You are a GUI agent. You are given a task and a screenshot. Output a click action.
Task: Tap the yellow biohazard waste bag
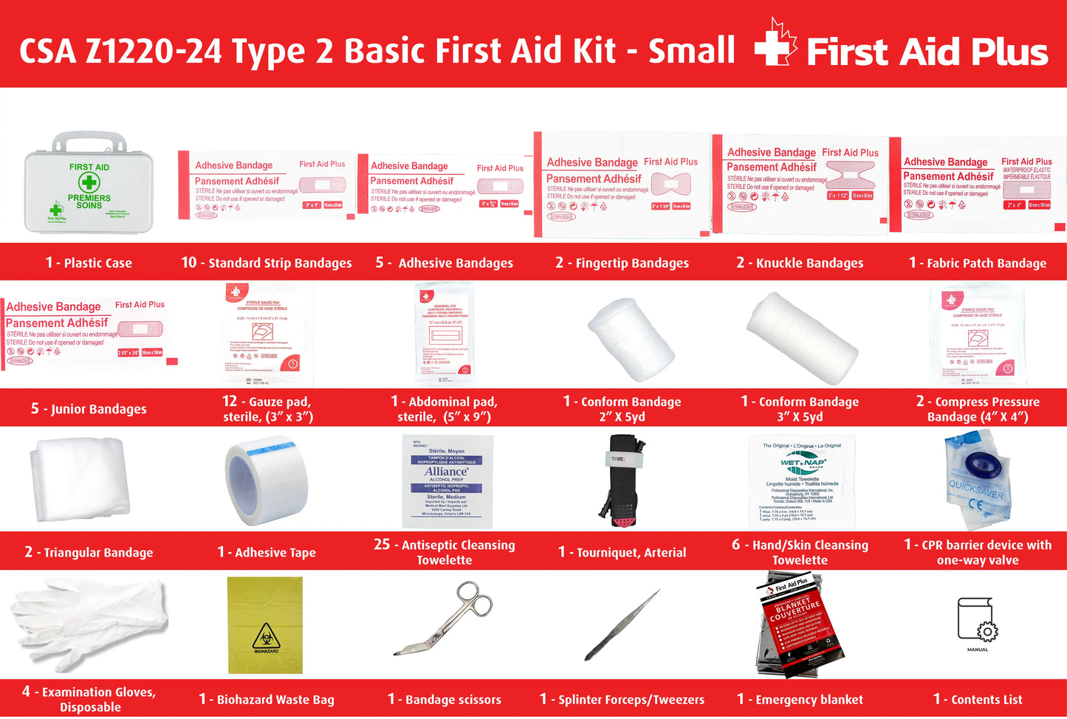[x=265, y=625]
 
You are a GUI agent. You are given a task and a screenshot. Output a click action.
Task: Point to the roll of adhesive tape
[x=266, y=480]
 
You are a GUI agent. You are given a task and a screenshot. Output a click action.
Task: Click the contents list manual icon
[x=977, y=620]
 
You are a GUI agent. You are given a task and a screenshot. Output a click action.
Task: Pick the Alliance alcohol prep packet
[x=446, y=481]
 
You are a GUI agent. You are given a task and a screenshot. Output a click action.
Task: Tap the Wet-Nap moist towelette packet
[x=801, y=481]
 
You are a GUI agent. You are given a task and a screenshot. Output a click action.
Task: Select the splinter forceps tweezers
[x=622, y=625]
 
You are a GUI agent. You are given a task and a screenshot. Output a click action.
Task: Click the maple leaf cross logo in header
[x=775, y=44]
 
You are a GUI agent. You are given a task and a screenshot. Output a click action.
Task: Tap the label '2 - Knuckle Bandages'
[x=800, y=263]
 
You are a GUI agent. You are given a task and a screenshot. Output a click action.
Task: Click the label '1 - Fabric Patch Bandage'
[x=977, y=263]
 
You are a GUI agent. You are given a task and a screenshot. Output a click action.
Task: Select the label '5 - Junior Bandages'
[x=89, y=409]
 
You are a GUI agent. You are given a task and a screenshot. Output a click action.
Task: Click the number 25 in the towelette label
[x=382, y=545]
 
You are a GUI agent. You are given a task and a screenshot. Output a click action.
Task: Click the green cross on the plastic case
[x=89, y=182]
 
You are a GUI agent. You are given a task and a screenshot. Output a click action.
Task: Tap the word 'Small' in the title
[x=691, y=50]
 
